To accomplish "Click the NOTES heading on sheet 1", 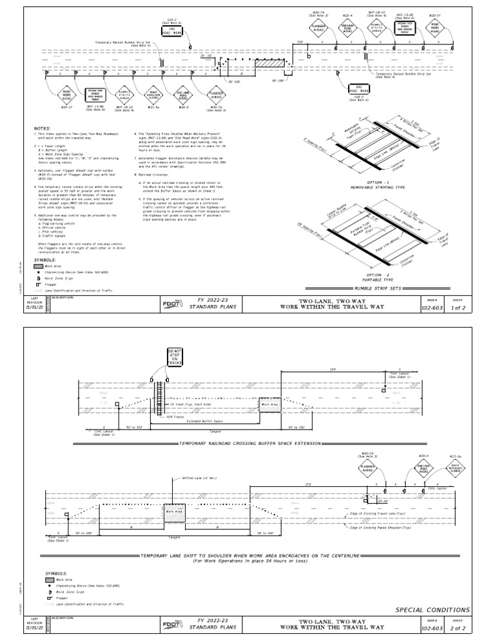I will [x=42, y=128].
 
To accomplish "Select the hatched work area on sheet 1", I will [x=269, y=63].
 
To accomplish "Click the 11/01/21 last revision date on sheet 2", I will [x=34, y=626].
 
